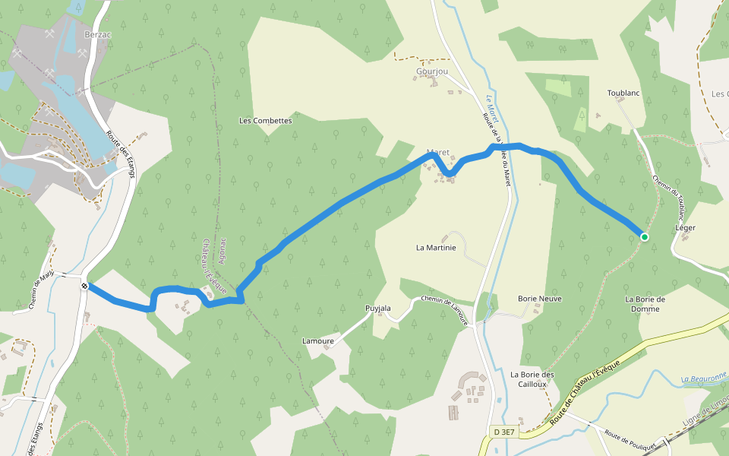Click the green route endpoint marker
645,237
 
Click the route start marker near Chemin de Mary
84,286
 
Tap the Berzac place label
98,35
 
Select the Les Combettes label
265,121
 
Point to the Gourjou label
432,71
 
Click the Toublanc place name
624,93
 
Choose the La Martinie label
436,248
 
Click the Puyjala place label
378,309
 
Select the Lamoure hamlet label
318,341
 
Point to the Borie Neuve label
540,299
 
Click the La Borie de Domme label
645,304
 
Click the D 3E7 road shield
504,432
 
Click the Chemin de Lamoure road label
444,310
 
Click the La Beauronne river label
704,378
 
